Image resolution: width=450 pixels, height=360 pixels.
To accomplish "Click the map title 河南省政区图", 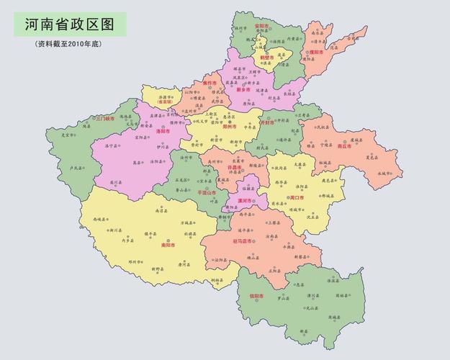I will pos(70,24).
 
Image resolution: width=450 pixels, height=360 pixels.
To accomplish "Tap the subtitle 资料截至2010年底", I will pos(70,44).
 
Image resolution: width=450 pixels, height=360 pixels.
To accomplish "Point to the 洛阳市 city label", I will pos(162,132).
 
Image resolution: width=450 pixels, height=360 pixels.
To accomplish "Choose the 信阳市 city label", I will pos(256,296).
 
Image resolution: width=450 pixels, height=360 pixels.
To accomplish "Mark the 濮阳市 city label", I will pos(318,53).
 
